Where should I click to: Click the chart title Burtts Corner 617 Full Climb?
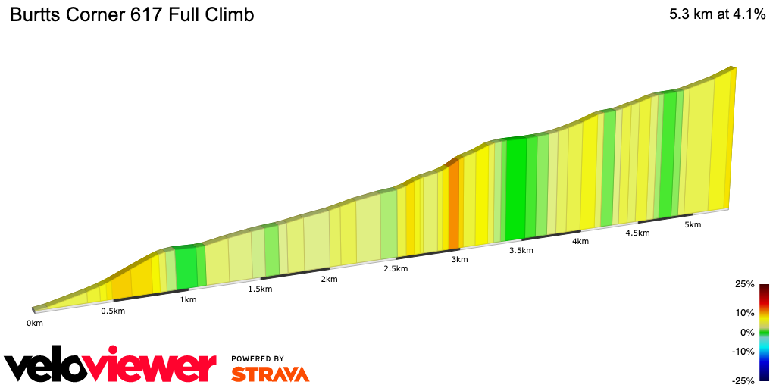131,14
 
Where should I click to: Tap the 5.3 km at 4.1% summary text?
716,14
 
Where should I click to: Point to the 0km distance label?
35,323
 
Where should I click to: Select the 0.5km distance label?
113,311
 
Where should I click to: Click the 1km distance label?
188,299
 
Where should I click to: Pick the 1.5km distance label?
260,289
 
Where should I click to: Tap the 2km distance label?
329,279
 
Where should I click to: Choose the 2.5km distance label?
396,269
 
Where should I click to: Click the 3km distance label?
459,259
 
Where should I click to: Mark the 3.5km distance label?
521,250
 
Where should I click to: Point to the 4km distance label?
581,241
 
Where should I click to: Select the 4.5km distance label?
637,233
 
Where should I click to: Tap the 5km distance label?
693,224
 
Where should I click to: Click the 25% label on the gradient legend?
745,284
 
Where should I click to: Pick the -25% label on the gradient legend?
743,380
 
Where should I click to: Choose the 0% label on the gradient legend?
747,332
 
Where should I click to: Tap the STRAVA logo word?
270,374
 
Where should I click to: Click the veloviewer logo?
110,367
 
